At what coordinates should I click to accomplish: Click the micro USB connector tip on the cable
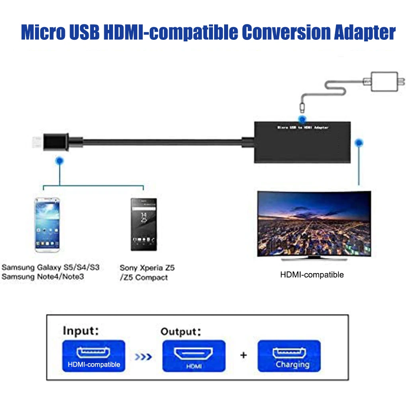(37, 142)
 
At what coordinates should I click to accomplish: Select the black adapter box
(303, 142)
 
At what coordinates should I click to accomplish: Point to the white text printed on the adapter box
(303, 127)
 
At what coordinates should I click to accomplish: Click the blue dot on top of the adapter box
(302, 119)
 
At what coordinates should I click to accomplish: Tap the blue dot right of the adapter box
(359, 142)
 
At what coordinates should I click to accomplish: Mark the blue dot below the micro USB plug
(60, 161)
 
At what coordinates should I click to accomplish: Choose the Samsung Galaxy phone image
(47, 225)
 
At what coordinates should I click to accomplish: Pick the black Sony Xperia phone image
(144, 224)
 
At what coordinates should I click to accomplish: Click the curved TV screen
(314, 224)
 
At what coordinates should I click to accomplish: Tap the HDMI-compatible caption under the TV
(312, 275)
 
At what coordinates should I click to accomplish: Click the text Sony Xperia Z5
(147, 268)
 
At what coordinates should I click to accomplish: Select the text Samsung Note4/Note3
(43, 277)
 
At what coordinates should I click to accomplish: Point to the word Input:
(81, 331)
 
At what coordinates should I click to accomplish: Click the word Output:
(181, 332)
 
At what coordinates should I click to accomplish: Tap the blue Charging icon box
(289, 356)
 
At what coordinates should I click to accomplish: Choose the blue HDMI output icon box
(194, 356)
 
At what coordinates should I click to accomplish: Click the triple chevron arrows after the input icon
(143, 357)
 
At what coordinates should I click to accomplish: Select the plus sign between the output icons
(243, 355)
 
